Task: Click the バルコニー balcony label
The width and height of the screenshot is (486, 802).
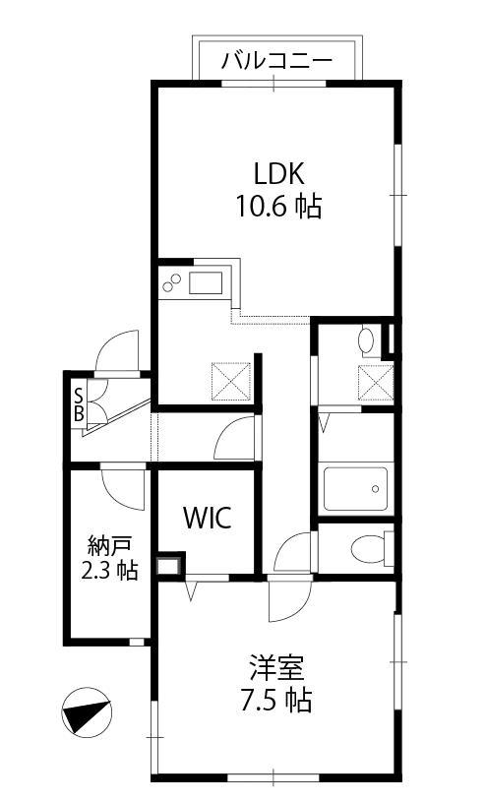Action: [x=276, y=61]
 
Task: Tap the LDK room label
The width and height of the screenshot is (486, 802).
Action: [x=279, y=173]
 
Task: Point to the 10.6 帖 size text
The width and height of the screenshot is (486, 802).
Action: [x=278, y=207]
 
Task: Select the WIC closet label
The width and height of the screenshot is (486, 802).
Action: [x=208, y=519]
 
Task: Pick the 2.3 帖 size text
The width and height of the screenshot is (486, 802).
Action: [x=110, y=570]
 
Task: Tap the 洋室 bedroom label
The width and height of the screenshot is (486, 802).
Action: [x=276, y=668]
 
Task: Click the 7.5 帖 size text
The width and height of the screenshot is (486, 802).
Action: [x=276, y=701]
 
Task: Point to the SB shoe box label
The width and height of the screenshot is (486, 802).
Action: [x=79, y=404]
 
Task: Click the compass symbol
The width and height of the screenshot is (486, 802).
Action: [x=87, y=712]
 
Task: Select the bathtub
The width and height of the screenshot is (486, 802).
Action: [x=355, y=489]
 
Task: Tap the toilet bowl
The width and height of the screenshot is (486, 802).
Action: [x=367, y=549]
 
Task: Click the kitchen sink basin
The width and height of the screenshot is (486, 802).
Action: [x=206, y=283]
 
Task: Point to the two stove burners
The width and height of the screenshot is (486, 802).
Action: [x=171, y=282]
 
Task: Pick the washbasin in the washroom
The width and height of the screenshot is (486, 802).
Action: [x=367, y=341]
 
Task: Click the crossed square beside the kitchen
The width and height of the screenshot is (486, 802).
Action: [x=231, y=381]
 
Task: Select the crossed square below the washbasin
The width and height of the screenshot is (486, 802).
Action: [x=376, y=383]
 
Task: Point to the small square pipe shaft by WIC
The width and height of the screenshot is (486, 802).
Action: [x=169, y=565]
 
